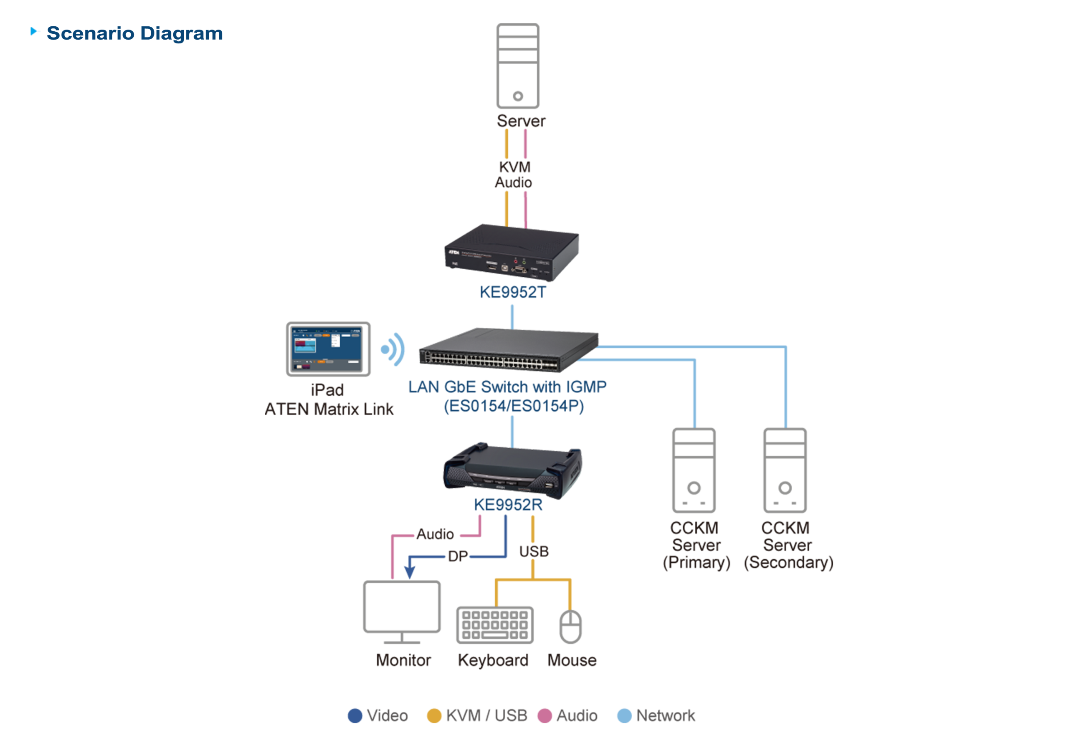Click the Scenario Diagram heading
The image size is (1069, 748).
coord(134,33)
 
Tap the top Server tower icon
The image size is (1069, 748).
coord(517,66)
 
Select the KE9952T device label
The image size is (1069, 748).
coord(513,292)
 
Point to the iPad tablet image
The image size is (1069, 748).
coord(328,349)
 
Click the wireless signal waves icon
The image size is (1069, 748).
coord(394,349)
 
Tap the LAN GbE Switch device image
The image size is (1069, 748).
coord(509,351)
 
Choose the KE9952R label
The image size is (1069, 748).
coord(508,505)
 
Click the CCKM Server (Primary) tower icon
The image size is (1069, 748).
coord(693,470)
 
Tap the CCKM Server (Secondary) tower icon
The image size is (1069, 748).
coord(785,470)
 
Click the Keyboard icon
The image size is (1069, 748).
coord(494,624)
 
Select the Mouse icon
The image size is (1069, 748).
coord(570,627)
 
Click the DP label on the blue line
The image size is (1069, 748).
coord(457,556)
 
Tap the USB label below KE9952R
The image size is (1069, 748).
coord(534,551)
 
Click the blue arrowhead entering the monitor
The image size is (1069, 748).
coord(409,571)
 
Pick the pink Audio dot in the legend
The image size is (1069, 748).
coord(544,715)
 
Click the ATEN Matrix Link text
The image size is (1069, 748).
coord(329,409)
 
